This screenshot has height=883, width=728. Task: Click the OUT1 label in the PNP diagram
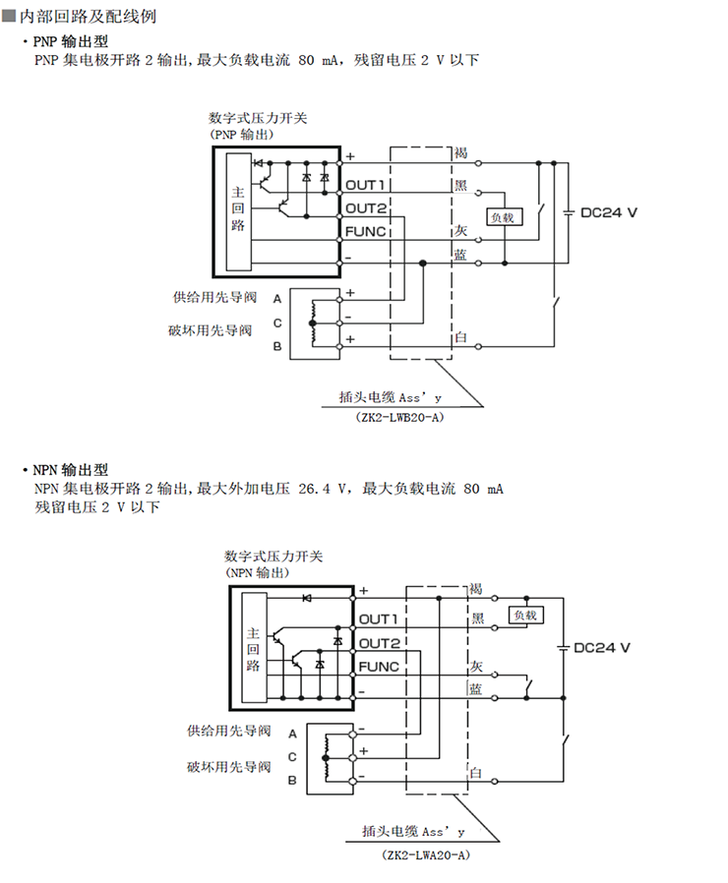(x=364, y=184)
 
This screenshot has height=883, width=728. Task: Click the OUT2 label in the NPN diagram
(x=379, y=643)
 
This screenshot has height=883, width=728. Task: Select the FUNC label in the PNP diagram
(x=365, y=231)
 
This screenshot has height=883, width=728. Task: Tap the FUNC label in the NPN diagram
(x=379, y=667)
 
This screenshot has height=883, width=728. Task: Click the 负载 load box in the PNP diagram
(x=502, y=217)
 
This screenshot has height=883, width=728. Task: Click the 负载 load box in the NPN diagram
(x=524, y=616)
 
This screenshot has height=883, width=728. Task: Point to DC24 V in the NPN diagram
(x=601, y=648)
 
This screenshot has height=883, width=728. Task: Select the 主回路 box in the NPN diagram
(x=253, y=650)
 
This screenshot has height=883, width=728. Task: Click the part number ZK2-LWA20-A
(x=425, y=856)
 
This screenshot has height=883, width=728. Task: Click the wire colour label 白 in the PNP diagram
(x=460, y=338)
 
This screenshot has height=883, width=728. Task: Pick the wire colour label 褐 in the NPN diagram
(x=475, y=589)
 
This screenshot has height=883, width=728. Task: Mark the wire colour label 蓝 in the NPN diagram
(x=475, y=689)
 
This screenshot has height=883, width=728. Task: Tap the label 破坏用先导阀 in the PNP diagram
(x=210, y=330)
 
